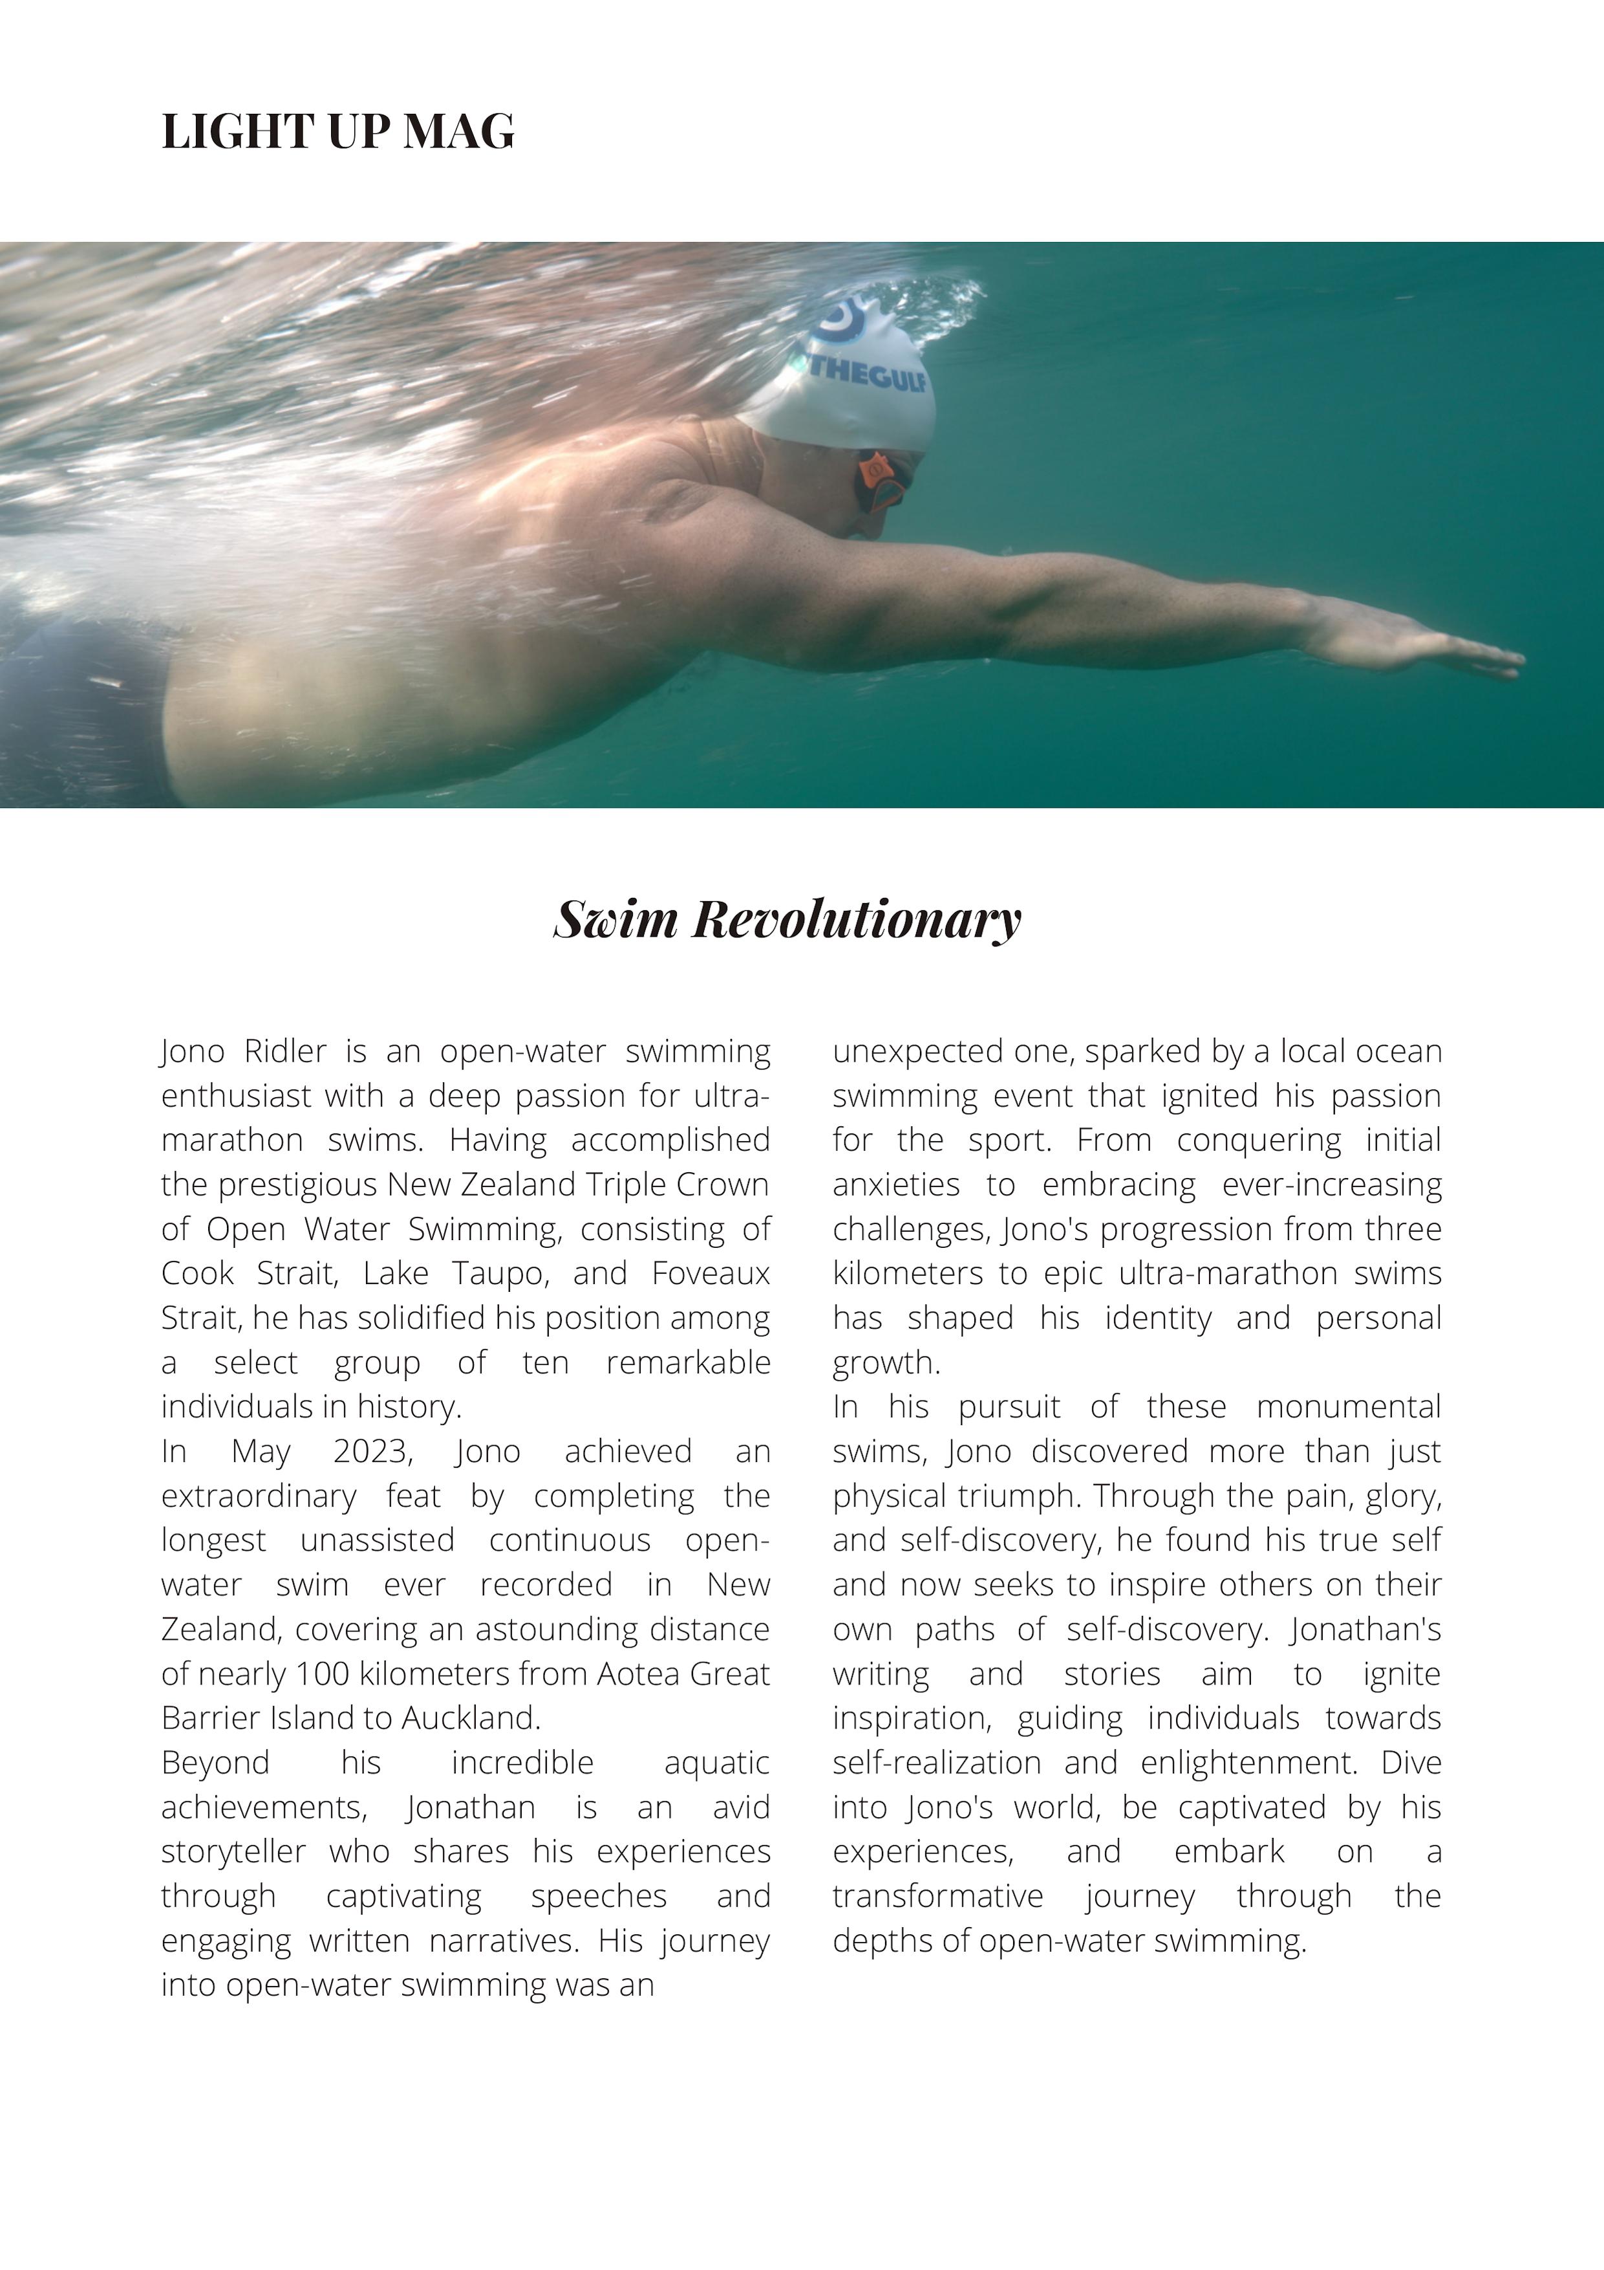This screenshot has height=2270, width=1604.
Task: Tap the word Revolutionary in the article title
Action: (856, 919)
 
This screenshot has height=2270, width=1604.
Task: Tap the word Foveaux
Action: (710, 1273)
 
